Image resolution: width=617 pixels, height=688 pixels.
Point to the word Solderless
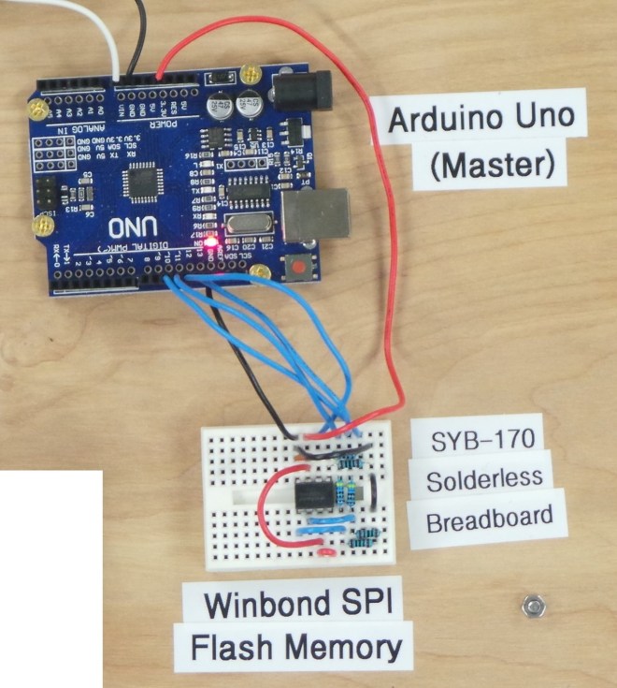click(484, 479)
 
